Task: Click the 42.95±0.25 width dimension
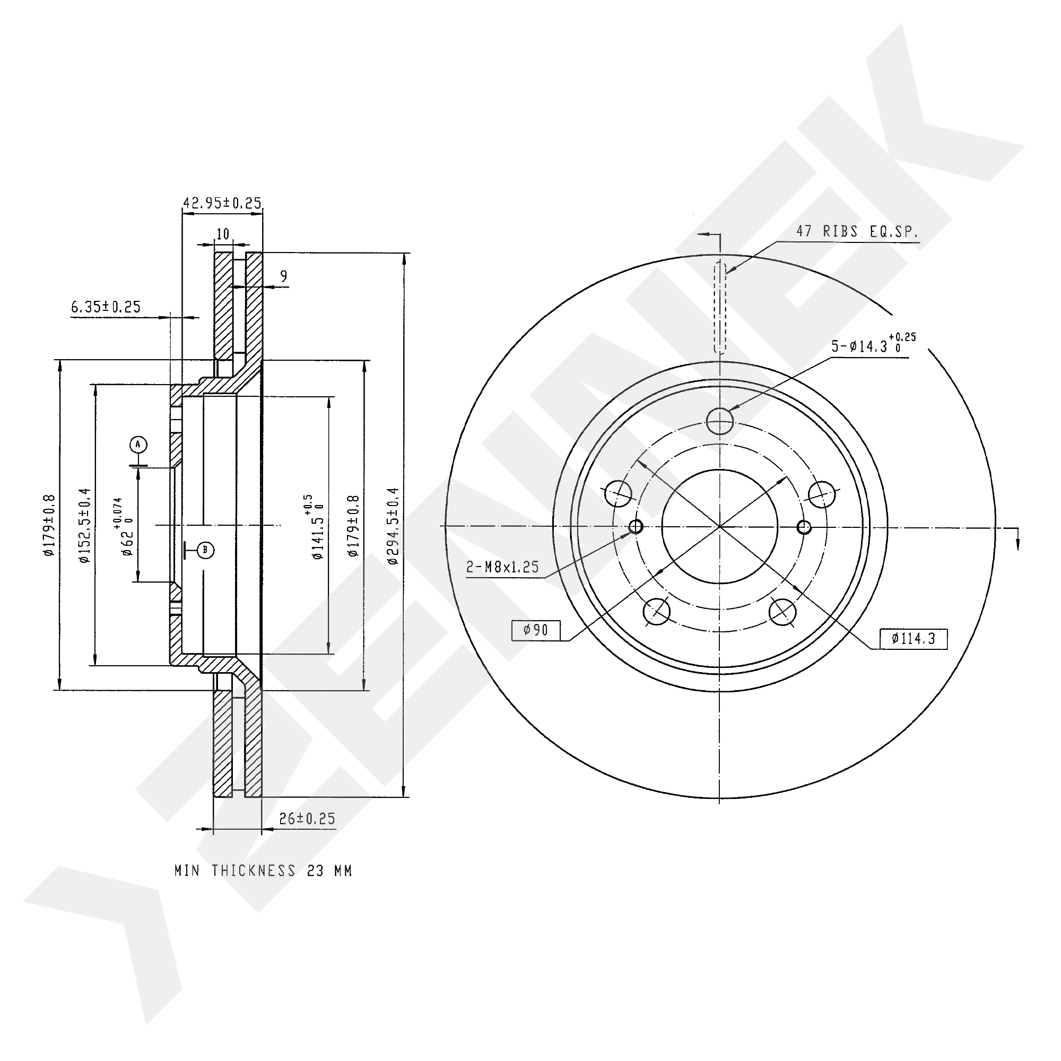pyautogui.click(x=222, y=203)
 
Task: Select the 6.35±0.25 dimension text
pyautogui.click(x=106, y=307)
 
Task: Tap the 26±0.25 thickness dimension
pyautogui.click(x=307, y=819)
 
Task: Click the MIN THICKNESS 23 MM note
pyautogui.click(x=263, y=871)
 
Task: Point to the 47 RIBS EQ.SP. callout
pyautogui.click(x=857, y=232)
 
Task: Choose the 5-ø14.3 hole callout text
pyautogui.click(x=873, y=344)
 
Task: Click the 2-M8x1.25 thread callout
pyautogui.click(x=502, y=567)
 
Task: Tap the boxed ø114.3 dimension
pyautogui.click(x=914, y=638)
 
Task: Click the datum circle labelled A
pyautogui.click(x=138, y=443)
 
